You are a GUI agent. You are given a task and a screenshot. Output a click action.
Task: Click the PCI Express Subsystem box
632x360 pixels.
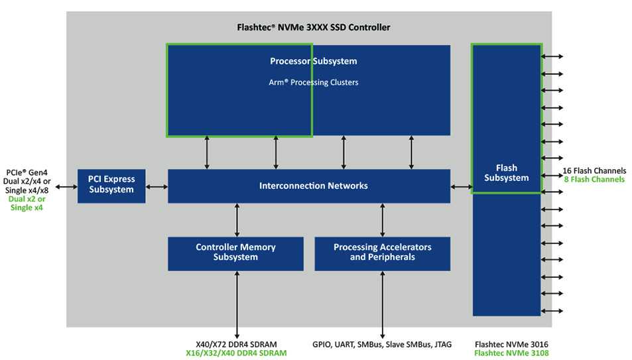tap(111, 186)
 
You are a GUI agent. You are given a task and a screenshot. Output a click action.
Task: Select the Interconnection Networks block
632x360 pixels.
tap(309, 186)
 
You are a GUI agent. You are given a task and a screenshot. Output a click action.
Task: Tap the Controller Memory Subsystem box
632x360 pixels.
tap(236, 253)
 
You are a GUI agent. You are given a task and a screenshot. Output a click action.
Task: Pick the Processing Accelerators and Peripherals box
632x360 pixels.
tap(383, 253)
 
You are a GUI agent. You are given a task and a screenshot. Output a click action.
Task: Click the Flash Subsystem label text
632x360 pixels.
tap(507, 173)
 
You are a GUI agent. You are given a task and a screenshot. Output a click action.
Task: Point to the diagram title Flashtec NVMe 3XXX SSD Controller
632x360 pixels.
tap(314, 27)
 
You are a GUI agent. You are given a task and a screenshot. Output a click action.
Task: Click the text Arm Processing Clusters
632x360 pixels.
tap(314, 82)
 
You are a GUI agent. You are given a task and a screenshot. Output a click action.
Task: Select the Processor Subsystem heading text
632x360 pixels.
tap(314, 61)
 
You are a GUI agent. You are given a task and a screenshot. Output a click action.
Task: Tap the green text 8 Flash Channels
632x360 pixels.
tap(594, 180)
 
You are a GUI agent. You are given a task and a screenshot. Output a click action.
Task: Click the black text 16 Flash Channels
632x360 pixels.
tap(594, 170)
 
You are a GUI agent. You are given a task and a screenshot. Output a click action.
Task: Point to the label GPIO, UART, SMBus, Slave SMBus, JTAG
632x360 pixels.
tap(382, 345)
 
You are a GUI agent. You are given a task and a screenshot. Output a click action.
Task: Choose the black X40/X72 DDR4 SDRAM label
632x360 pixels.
tap(236, 345)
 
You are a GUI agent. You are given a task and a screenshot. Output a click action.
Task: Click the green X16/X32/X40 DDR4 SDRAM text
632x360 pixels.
tap(236, 353)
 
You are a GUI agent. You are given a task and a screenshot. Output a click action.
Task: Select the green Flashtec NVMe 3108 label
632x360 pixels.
tap(511, 353)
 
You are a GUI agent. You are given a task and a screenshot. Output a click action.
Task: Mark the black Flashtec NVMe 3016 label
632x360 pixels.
tap(511, 345)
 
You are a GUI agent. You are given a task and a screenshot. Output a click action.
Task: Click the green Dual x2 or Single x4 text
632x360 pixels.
tap(27, 203)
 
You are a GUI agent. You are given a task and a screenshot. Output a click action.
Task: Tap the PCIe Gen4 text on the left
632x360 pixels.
tap(27, 172)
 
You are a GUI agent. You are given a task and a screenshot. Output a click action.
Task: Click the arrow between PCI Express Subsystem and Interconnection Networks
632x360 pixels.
tap(157, 187)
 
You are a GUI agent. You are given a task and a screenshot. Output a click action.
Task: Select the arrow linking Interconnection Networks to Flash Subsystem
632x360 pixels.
tap(462, 187)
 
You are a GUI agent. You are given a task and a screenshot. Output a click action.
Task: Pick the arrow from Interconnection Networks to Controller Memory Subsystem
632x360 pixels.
tap(237, 220)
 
